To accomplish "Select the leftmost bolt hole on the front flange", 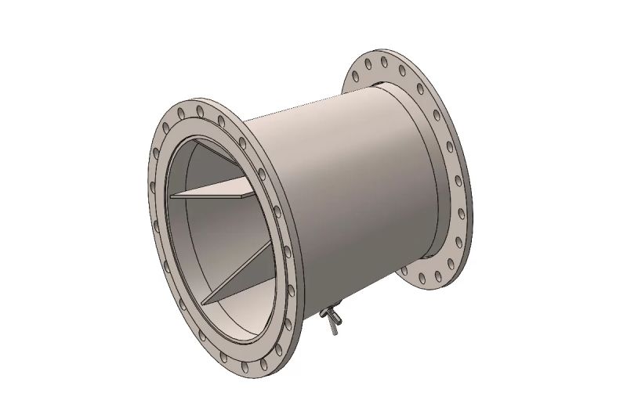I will point(150,186).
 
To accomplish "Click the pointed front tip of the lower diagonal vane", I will point(205,301).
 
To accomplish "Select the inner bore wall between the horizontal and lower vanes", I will point(196,243).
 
